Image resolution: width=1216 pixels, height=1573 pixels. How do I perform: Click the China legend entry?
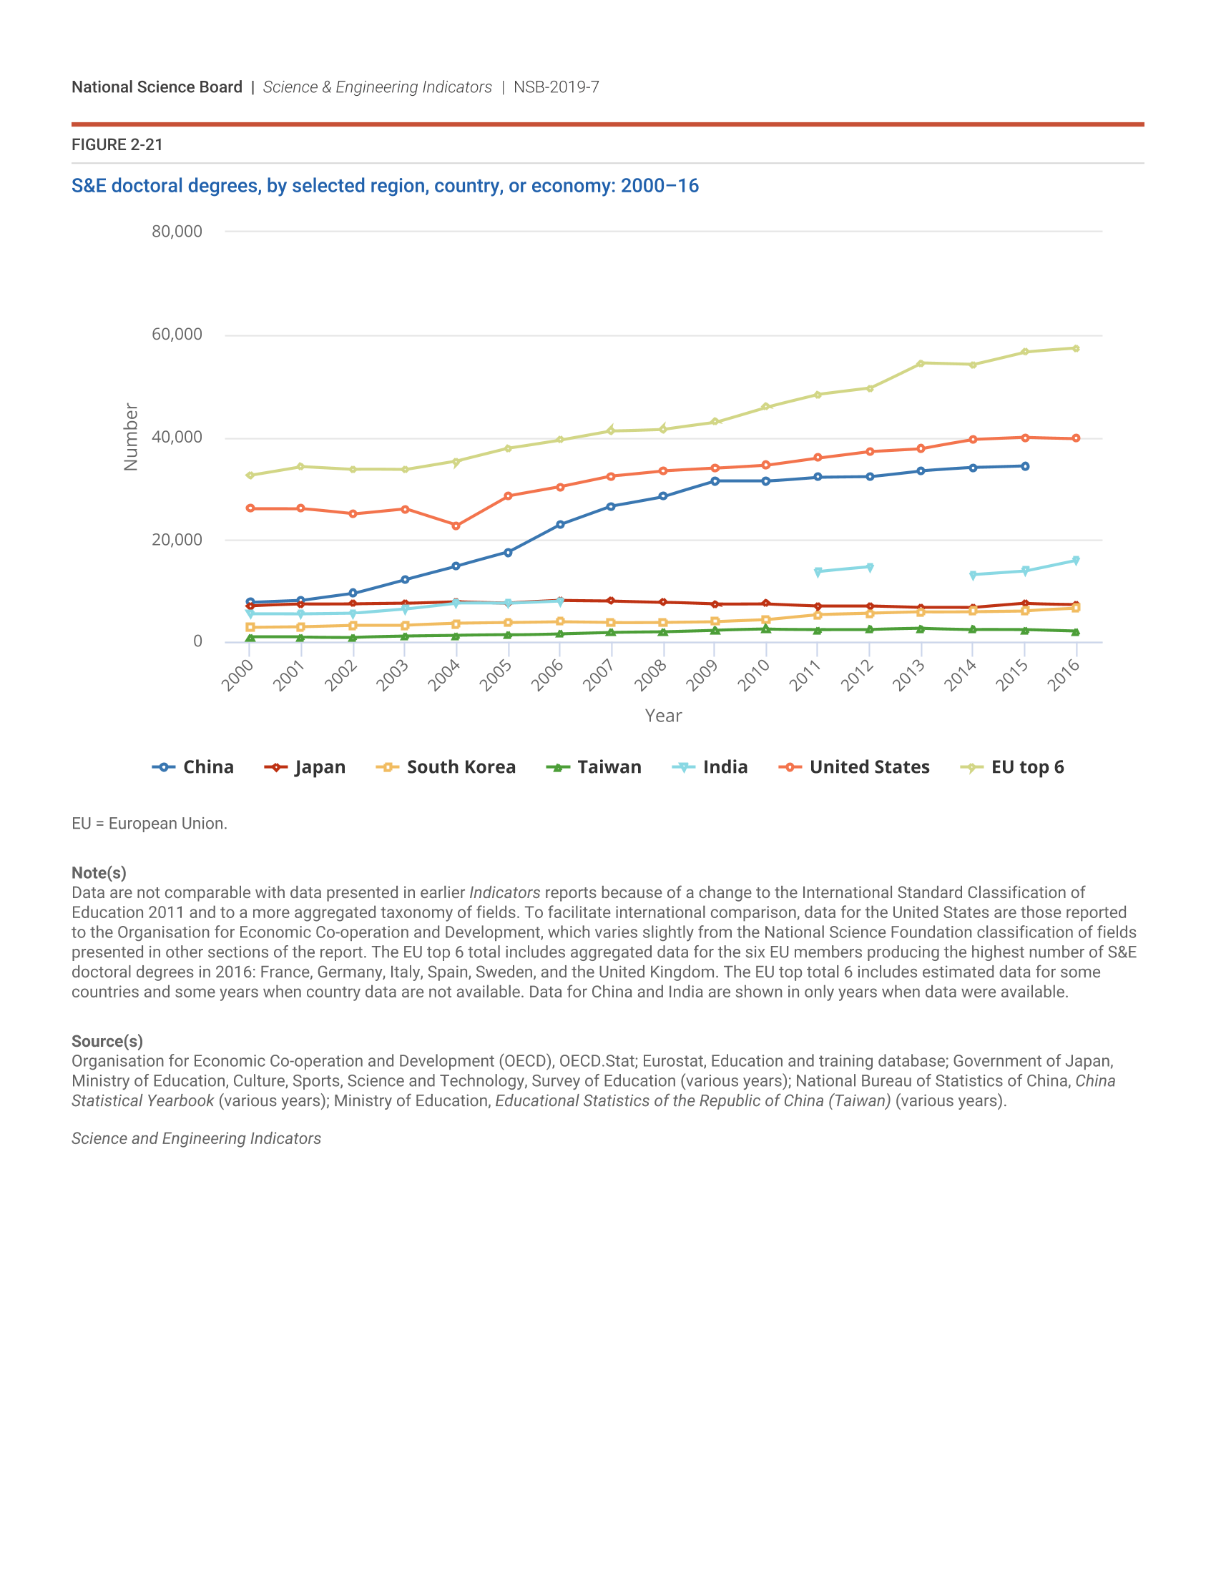pyautogui.click(x=193, y=767)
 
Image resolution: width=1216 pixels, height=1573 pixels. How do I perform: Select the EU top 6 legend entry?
pyautogui.click(x=1012, y=767)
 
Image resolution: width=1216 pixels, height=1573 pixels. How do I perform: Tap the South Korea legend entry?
pyautogui.click(x=446, y=767)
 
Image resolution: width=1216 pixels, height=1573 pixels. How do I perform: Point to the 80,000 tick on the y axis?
pyautogui.click(x=177, y=231)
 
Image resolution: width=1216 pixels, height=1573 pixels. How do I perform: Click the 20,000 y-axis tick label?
pyautogui.click(x=177, y=539)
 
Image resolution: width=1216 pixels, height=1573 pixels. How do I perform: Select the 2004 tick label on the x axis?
pyautogui.click(x=444, y=676)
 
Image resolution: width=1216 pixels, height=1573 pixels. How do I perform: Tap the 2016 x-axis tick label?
pyautogui.click(x=1064, y=676)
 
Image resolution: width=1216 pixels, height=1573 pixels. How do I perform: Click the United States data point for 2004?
pyautogui.click(x=456, y=526)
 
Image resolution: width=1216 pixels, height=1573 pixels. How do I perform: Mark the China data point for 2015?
pyautogui.click(x=1025, y=466)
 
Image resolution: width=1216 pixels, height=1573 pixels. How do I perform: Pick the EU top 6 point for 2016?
pyautogui.click(x=1077, y=349)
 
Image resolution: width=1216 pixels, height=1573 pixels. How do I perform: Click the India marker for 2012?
pyautogui.click(x=871, y=567)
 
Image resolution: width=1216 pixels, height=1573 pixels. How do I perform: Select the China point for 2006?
pyautogui.click(x=561, y=524)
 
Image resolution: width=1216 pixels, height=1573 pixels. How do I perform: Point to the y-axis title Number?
pyautogui.click(x=130, y=437)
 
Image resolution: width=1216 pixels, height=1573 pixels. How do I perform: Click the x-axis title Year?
pyautogui.click(x=664, y=716)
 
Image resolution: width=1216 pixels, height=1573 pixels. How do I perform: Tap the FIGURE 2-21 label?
pyautogui.click(x=117, y=144)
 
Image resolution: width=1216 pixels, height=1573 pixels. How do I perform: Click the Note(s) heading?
pyautogui.click(x=99, y=873)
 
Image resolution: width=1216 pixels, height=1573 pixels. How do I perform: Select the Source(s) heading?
pyautogui.click(x=107, y=1042)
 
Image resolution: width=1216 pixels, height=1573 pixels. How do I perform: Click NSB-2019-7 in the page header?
pyautogui.click(x=556, y=87)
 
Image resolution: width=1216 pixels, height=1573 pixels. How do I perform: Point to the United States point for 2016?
pyautogui.click(x=1077, y=438)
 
